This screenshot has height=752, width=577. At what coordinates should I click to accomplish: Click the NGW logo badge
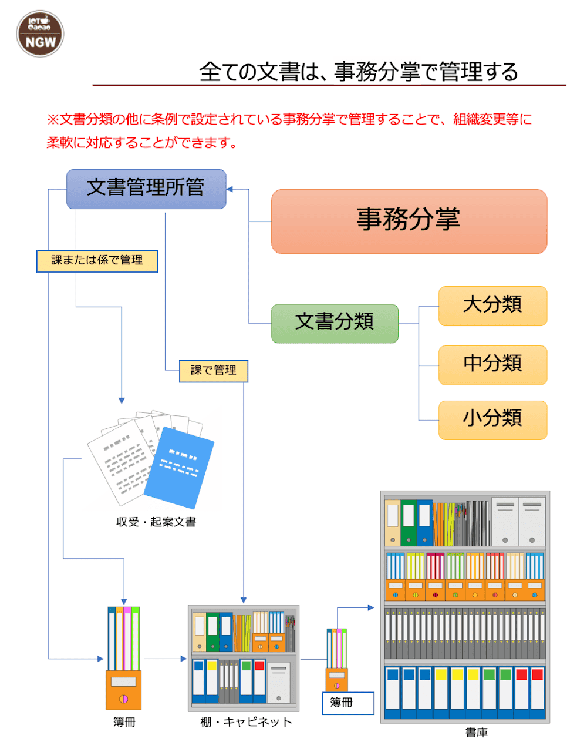[x=40, y=33]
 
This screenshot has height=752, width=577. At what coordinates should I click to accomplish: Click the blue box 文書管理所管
[x=146, y=189]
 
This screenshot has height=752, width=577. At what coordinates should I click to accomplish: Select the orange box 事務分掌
[x=409, y=221]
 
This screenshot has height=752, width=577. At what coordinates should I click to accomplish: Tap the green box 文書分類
[x=335, y=323]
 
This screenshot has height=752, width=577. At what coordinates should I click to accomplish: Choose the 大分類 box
[x=492, y=305]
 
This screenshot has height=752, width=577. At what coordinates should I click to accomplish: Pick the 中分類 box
[x=492, y=365]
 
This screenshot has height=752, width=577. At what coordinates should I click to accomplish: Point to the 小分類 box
[x=492, y=419]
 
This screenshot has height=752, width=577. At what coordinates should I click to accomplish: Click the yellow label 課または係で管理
[x=97, y=261]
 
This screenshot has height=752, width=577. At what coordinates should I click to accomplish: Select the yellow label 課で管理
[x=213, y=371]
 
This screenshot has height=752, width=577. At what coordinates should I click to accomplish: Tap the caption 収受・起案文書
[x=156, y=522]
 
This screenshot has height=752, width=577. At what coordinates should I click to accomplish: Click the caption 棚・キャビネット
[x=246, y=722]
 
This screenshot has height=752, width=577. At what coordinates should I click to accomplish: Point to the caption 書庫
[x=476, y=732]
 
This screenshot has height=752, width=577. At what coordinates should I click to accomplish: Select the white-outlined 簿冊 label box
[x=347, y=703]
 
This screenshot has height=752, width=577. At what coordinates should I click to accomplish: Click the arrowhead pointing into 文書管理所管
[x=230, y=189]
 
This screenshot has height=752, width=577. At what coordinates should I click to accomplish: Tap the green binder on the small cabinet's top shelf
[x=212, y=632]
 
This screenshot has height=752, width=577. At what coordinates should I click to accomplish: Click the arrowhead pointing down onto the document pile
[x=122, y=401]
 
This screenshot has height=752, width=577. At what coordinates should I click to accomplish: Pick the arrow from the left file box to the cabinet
[x=165, y=659]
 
